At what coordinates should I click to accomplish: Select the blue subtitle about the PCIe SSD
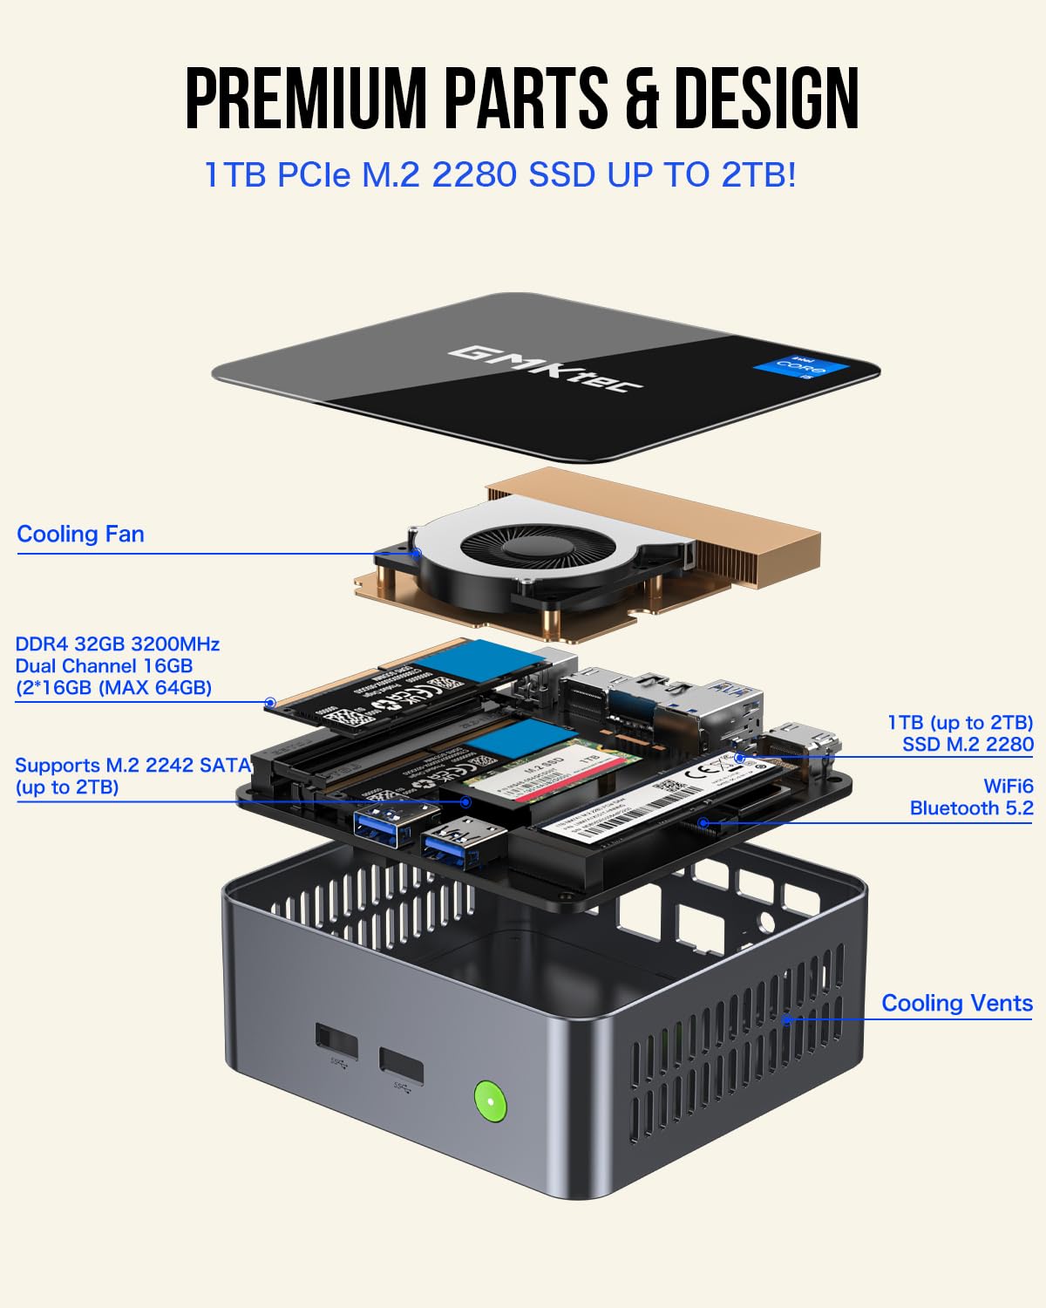499,174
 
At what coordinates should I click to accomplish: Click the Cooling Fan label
80,534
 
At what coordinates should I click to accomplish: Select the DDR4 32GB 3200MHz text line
118,644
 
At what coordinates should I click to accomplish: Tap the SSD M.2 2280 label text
968,744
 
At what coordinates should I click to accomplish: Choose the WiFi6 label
1008,787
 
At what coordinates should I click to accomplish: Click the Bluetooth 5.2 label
971,808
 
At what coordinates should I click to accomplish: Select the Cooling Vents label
956,1003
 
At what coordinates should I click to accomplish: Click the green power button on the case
490,1100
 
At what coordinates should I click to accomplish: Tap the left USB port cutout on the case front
336,1041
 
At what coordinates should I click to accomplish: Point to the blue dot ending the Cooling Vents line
787,1018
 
